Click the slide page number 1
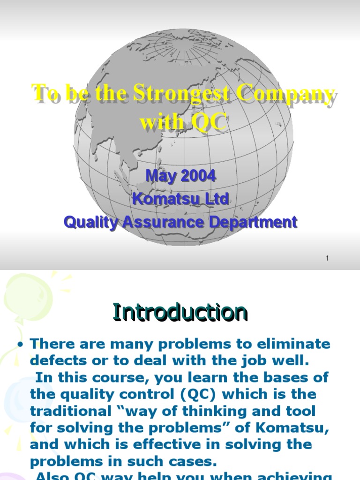[328, 258]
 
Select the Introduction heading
[180, 313]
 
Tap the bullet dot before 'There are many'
[20, 345]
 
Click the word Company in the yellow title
[285, 93]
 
